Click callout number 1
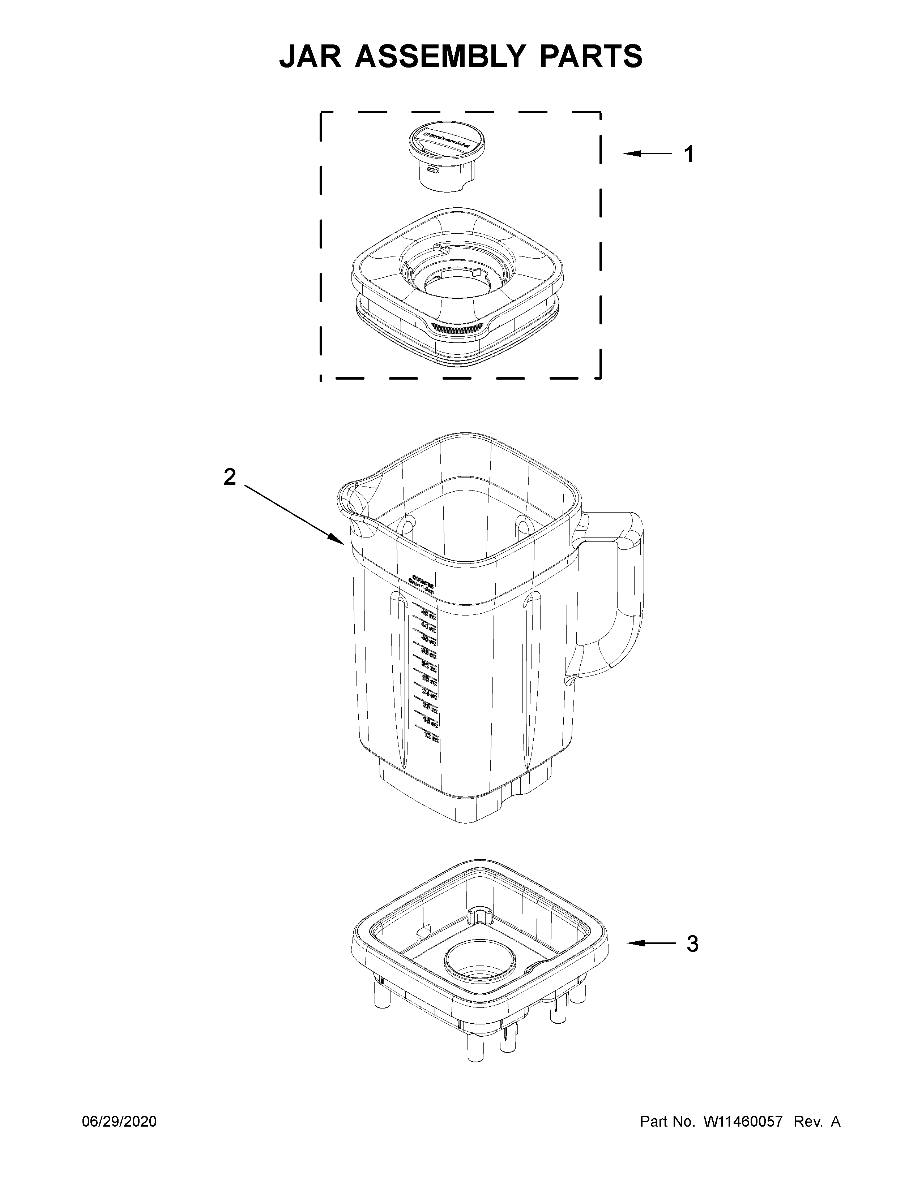(x=689, y=155)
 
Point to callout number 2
(x=230, y=477)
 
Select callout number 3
(x=692, y=943)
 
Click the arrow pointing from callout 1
(x=647, y=155)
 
